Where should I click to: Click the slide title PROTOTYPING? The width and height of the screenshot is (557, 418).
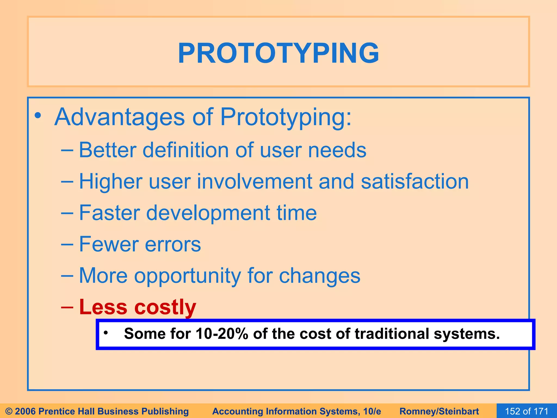[x=278, y=53]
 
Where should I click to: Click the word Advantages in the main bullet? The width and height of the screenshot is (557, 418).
[x=120, y=117]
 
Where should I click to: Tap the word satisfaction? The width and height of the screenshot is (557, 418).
[x=415, y=182]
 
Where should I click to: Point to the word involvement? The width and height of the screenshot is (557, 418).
[x=254, y=182]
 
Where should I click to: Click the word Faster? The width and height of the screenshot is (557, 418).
[x=109, y=213]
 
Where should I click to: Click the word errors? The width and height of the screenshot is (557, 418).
[x=173, y=244]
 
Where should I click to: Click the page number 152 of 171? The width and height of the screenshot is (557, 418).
[x=526, y=411]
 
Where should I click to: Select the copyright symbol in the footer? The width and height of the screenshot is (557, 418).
[x=9, y=411]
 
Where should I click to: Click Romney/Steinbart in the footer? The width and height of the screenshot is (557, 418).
[x=439, y=411]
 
